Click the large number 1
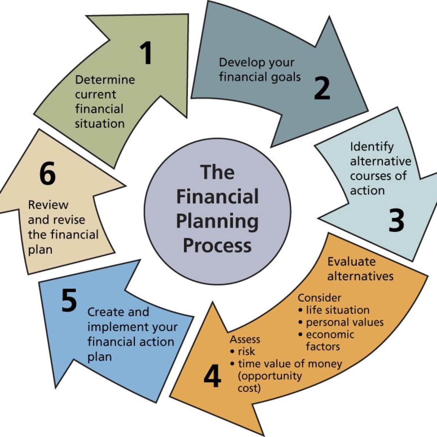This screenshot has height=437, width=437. [146, 53]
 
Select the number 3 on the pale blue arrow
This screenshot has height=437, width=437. [396, 220]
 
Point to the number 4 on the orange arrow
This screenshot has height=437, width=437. [212, 376]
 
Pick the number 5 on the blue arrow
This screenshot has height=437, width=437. [69, 300]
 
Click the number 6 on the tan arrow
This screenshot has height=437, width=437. [48, 174]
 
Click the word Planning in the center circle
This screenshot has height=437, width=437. [217, 221]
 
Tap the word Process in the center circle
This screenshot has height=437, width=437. [217, 245]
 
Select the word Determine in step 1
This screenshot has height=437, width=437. [105, 79]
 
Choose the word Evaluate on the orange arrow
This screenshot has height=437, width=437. [351, 261]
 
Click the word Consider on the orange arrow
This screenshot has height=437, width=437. [319, 298]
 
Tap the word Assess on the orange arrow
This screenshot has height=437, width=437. [245, 339]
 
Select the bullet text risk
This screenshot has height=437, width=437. [247, 351]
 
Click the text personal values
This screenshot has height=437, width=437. [345, 322]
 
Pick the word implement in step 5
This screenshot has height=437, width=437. [118, 327]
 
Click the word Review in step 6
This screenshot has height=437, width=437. [48, 205]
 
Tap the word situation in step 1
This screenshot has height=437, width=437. [100, 123]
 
